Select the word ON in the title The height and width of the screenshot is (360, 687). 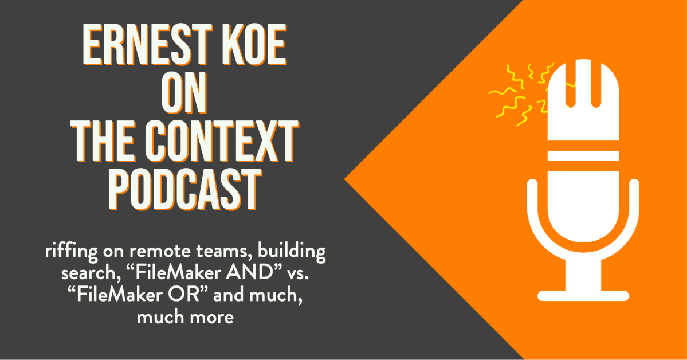click(x=184, y=93)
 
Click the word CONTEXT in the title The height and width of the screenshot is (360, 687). click(x=222, y=142)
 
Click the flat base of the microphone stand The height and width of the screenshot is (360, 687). click(x=583, y=296)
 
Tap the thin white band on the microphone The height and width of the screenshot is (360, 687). click(x=583, y=156)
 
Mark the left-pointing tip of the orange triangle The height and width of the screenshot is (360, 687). click(x=344, y=179)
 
